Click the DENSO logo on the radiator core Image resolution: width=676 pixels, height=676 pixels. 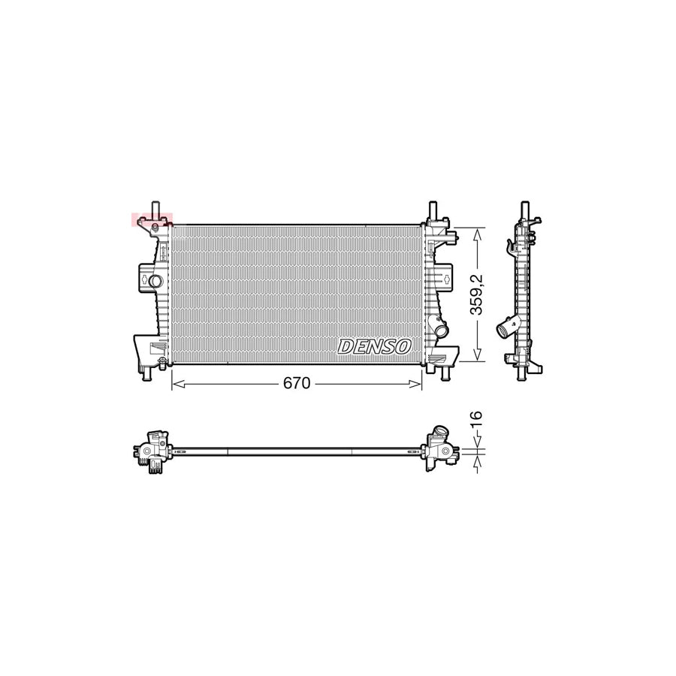pyautogui.click(x=375, y=346)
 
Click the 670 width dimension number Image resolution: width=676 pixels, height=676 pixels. pyautogui.click(x=296, y=384)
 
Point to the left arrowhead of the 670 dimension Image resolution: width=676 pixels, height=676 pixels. pyautogui.click(x=177, y=384)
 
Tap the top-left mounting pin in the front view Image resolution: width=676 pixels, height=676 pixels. pyautogui.click(x=155, y=208)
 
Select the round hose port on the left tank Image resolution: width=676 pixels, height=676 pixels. pyautogui.click(x=155, y=281)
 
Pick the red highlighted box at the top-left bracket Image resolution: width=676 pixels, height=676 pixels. pyautogui.click(x=152, y=219)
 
